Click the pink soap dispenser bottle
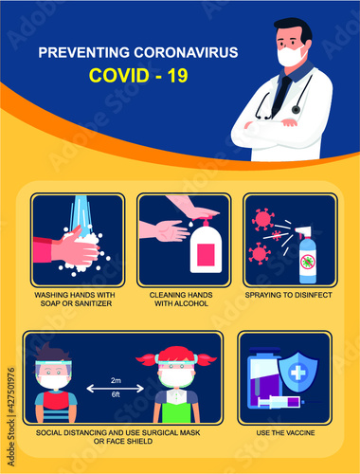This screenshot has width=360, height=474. point(206,251)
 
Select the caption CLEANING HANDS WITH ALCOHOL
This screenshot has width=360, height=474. point(180,301)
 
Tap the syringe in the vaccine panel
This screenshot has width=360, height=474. point(279,402)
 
